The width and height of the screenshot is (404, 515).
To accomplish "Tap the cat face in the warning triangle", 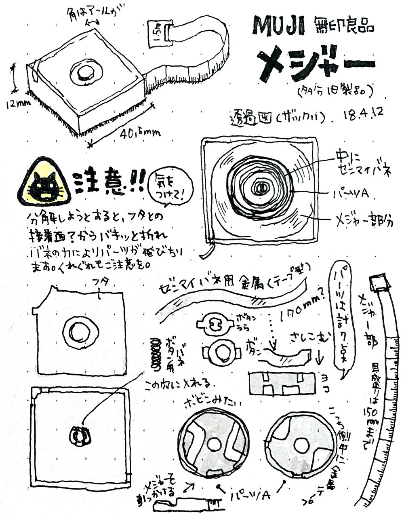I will coord(44,186).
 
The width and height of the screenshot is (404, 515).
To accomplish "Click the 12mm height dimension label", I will coord(18,103).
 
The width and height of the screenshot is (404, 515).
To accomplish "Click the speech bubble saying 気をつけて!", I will coord(170,187).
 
